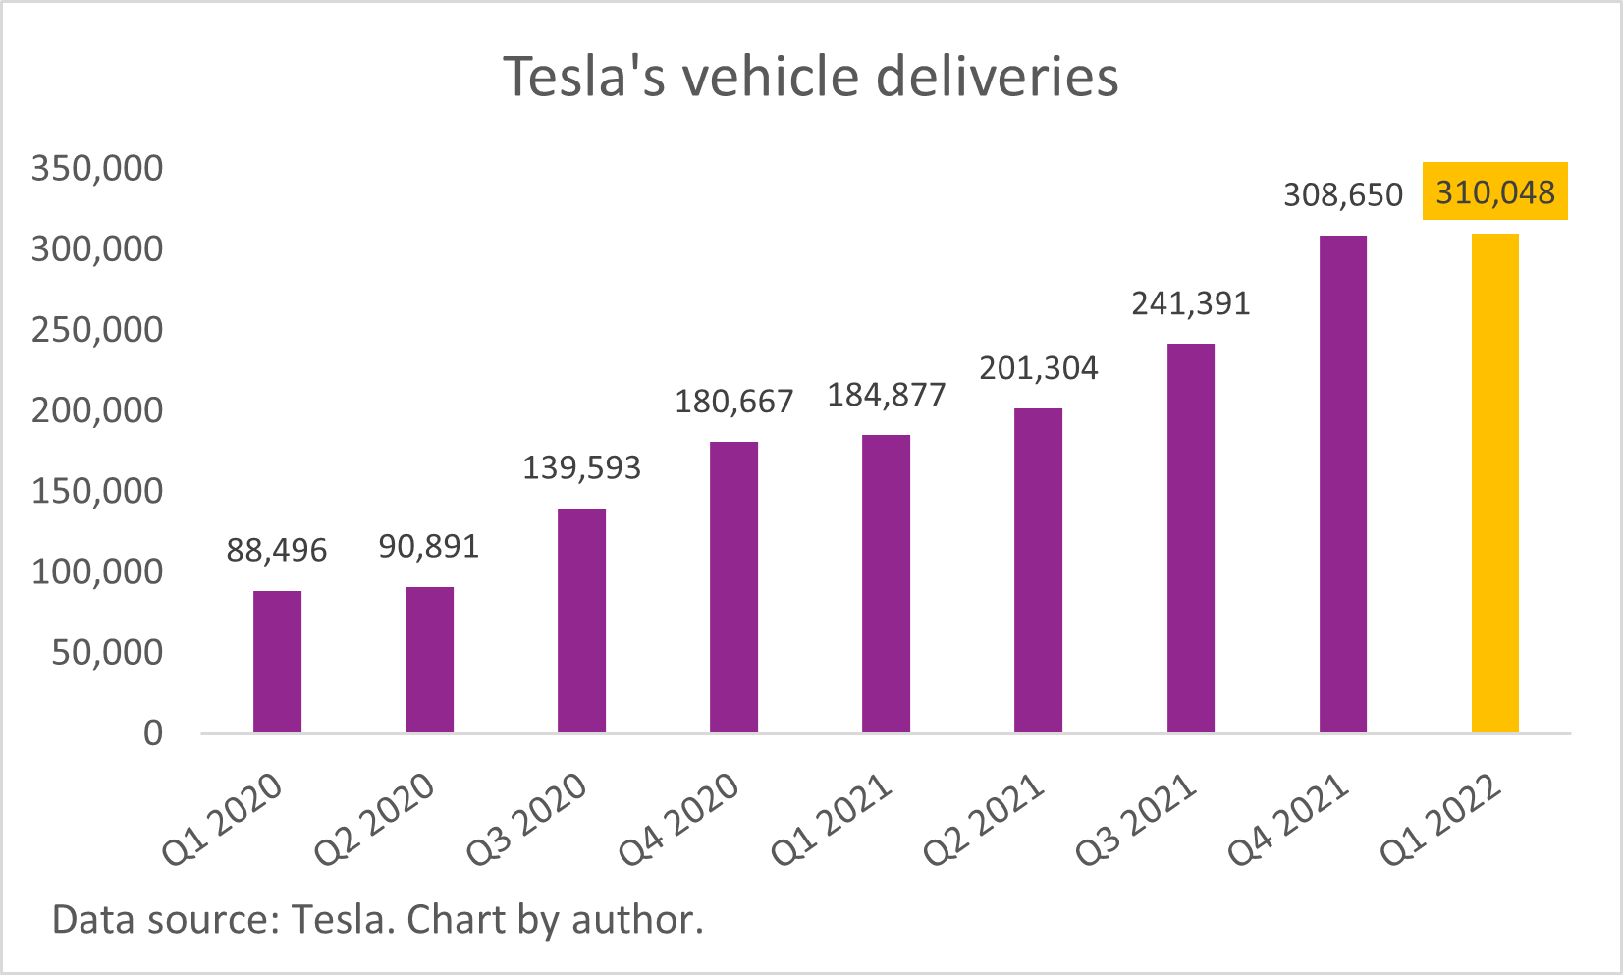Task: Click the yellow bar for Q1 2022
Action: (x=1494, y=483)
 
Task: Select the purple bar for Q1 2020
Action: (x=277, y=662)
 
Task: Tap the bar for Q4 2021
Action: (x=1342, y=484)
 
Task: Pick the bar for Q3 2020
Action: (x=581, y=621)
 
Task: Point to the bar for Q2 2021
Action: (x=1038, y=570)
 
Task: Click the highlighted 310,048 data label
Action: (x=1494, y=191)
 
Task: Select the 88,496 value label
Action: (x=277, y=551)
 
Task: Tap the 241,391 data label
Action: (x=1190, y=303)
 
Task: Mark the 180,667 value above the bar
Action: (x=733, y=402)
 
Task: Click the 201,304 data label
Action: (x=1038, y=368)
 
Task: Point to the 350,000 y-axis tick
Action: (x=97, y=168)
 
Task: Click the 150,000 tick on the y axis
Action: (x=97, y=491)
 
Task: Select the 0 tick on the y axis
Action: (x=153, y=732)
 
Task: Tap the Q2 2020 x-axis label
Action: (x=375, y=819)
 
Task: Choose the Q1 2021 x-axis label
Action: (x=832, y=819)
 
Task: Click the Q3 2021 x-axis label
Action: (x=1136, y=819)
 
